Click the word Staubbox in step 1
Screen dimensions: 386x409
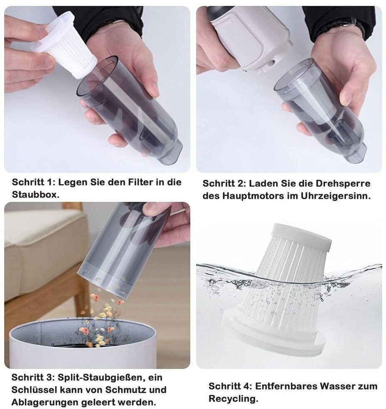click(35, 195)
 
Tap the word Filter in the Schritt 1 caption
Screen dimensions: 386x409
click(141, 182)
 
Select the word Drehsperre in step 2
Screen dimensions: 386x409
click(343, 184)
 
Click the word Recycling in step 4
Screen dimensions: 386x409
click(233, 399)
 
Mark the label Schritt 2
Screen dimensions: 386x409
click(224, 184)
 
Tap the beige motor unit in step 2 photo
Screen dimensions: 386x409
click(251, 37)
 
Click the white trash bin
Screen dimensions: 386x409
click(83, 344)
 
